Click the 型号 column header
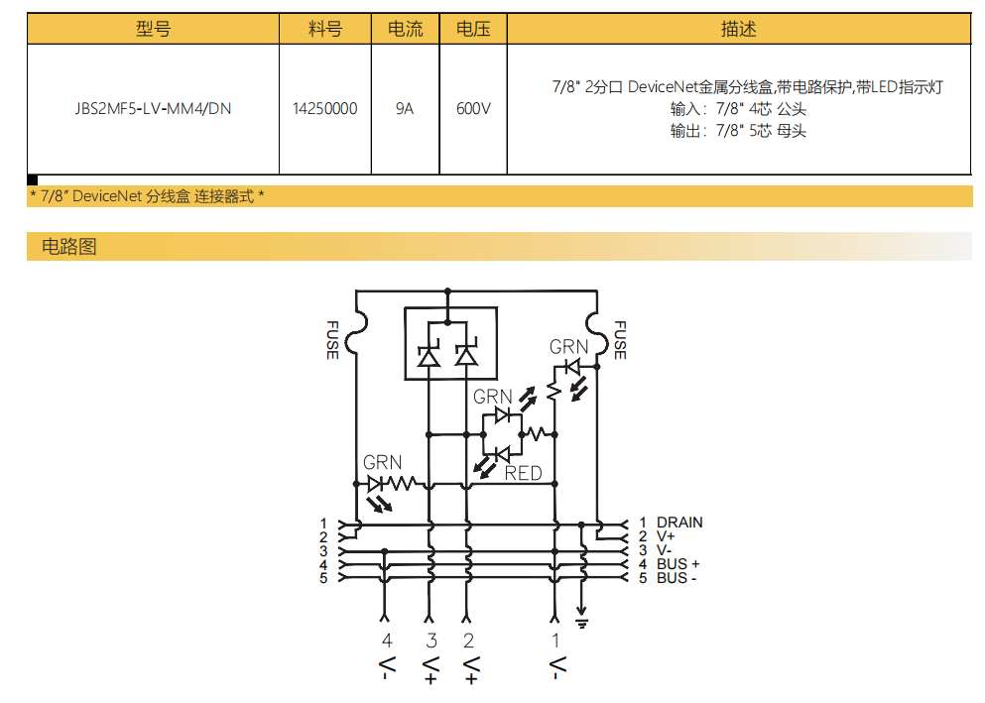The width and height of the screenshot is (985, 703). (153, 29)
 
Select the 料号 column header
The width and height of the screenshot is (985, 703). (325, 29)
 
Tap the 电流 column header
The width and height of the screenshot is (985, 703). (405, 29)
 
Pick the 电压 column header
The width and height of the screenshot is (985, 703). (473, 29)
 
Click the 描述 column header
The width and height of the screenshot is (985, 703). (739, 29)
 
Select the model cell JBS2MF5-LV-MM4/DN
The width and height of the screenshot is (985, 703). (153, 108)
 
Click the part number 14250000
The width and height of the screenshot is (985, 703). (325, 108)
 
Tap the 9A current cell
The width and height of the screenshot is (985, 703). (405, 108)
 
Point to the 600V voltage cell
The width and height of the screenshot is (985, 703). (473, 108)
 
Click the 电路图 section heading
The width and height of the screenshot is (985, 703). (69, 246)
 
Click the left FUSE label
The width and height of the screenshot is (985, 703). (331, 339)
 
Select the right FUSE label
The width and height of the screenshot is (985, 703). (620, 339)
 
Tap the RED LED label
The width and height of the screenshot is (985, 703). (524, 473)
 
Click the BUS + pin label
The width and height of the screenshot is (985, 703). (677, 564)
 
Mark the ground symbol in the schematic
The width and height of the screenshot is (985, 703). (582, 623)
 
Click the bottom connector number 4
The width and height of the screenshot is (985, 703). (388, 641)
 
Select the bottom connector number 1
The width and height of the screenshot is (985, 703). (555, 641)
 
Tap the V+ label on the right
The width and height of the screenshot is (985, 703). (665, 536)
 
